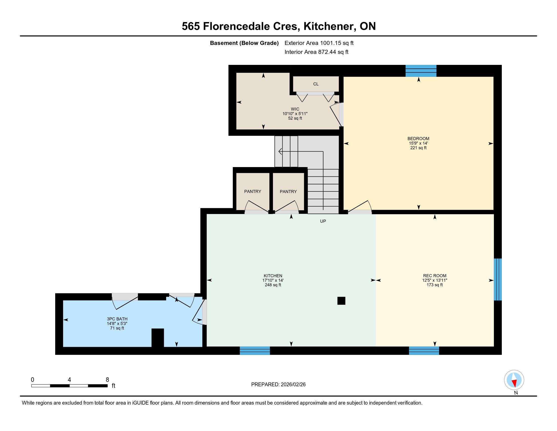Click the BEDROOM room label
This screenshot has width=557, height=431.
(418, 139)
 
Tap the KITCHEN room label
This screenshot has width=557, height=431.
(273, 276)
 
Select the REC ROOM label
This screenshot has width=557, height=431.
(434, 276)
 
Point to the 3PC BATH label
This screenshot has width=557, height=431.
(117, 319)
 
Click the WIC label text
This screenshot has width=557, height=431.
(295, 109)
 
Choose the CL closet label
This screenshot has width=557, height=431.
(316, 84)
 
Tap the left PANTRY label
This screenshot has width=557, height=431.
(252, 191)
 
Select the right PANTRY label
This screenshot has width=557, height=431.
(288, 191)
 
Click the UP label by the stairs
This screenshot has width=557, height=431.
(323, 221)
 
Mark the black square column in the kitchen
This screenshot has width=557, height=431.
(341, 301)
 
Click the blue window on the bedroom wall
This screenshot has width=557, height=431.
(421, 71)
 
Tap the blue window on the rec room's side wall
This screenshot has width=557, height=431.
(498, 279)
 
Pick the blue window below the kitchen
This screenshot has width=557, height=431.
(255, 351)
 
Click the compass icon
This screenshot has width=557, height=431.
(514, 380)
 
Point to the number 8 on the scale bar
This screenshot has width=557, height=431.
(107, 380)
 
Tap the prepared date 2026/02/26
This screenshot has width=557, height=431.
(293, 385)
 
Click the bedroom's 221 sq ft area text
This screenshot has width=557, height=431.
(418, 148)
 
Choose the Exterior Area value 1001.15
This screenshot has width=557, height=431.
(330, 43)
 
